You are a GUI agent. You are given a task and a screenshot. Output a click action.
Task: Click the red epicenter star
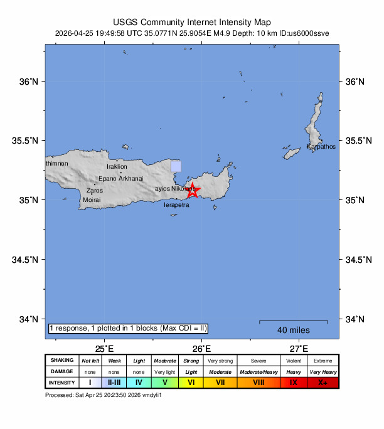pyautogui.click(x=193, y=191)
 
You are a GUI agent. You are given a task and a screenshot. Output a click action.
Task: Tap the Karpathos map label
pyautogui.click(x=321, y=147)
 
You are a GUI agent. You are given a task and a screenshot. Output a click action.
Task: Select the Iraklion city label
pyautogui.click(x=117, y=167)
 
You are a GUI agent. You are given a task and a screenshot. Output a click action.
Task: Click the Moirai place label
pyautogui.click(x=92, y=201)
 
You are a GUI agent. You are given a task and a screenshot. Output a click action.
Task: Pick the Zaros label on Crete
pyautogui.click(x=95, y=190)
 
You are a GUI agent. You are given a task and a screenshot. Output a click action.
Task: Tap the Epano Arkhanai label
pyautogui.click(x=122, y=179)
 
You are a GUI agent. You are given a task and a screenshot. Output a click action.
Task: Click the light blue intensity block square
pyautogui.click(x=176, y=166)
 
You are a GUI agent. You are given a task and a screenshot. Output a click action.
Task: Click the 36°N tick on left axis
pyautogui.click(x=30, y=82)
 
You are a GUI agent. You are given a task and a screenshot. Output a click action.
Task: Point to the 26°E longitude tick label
pyautogui.click(x=201, y=348)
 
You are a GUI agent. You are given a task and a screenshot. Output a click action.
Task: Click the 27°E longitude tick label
pyautogui.click(x=299, y=348)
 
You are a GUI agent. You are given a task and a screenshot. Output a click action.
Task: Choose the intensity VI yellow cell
pyautogui.click(x=191, y=382)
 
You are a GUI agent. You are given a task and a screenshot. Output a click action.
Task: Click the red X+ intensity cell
pyautogui.click(x=323, y=382)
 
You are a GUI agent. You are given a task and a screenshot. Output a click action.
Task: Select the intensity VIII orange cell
pyautogui.click(x=259, y=382)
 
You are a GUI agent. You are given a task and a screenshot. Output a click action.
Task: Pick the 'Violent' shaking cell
pyautogui.click(x=293, y=361)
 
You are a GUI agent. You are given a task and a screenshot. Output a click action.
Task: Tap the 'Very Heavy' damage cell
pyautogui.click(x=323, y=371)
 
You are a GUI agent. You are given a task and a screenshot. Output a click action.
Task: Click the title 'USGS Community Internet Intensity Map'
pyautogui.click(x=192, y=21)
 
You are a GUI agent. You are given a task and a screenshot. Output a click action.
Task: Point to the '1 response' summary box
pyautogui.click(x=127, y=329)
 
